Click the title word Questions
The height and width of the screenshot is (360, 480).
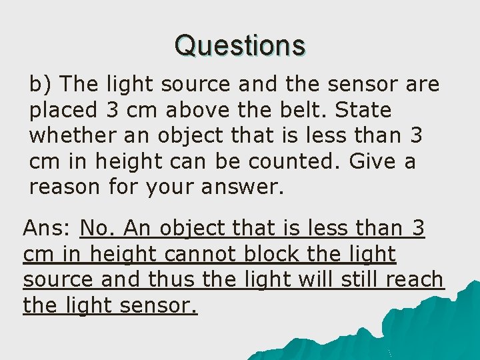pos(240,45)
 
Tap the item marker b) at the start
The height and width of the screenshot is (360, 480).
pos(41,85)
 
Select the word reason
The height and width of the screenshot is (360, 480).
pos(65,187)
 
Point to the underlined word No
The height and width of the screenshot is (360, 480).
pos(97,229)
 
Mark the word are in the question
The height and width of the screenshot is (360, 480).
pos(422,85)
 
